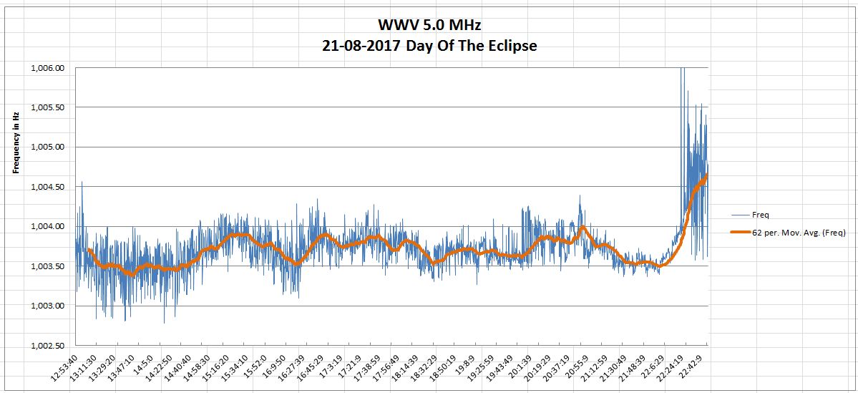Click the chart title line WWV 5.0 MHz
(429, 26)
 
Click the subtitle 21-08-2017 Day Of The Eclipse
(429, 46)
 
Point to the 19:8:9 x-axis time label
(464, 367)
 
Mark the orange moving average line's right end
(707, 174)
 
